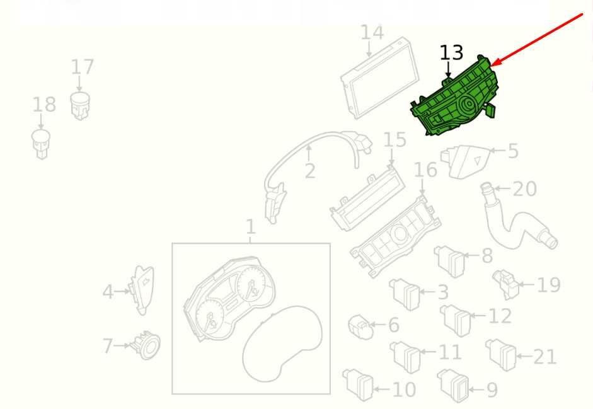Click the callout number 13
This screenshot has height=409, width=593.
pyautogui.click(x=451, y=53)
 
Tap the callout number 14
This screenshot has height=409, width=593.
pyautogui.click(x=372, y=33)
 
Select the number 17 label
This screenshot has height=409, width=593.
pyautogui.click(x=82, y=67)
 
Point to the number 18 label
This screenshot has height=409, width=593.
pyautogui.click(x=44, y=104)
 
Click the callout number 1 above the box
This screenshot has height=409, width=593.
pyautogui.click(x=250, y=227)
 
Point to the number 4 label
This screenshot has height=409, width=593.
pyautogui.click(x=108, y=292)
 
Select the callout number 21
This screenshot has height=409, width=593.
pyautogui.click(x=544, y=357)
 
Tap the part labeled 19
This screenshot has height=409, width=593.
pyautogui.click(x=505, y=284)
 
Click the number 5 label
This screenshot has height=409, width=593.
pyautogui.click(x=513, y=151)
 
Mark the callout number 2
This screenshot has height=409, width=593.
pyautogui.click(x=309, y=171)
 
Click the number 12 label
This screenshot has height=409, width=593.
pyautogui.click(x=500, y=316)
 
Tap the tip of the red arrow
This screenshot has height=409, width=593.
pyautogui.click(x=493, y=64)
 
